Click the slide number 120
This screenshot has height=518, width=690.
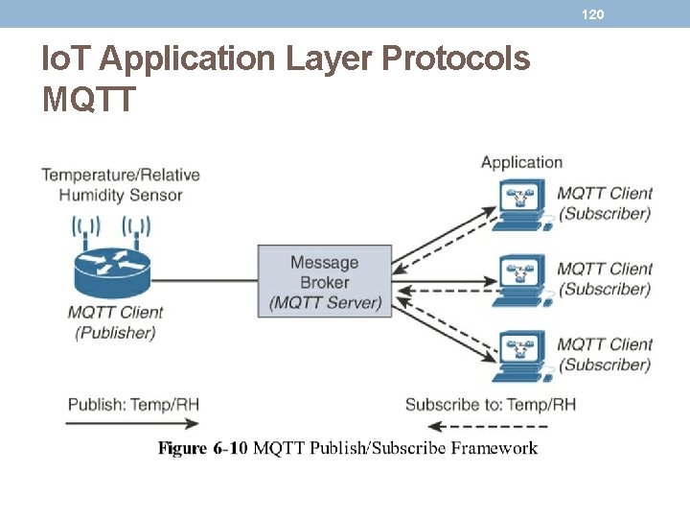[x=594, y=14]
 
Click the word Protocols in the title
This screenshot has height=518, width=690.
[x=455, y=59]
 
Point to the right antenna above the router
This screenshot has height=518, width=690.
[x=136, y=228]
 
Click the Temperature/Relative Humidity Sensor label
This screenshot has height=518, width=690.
[x=121, y=185]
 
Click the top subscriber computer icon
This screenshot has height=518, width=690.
[x=523, y=203]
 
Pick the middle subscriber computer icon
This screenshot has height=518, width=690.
[x=523, y=279]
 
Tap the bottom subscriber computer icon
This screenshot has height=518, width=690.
[x=523, y=355]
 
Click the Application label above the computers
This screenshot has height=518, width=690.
[x=521, y=162]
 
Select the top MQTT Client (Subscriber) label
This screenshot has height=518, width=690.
[x=605, y=203]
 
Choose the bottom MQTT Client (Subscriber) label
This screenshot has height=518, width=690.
[x=605, y=354]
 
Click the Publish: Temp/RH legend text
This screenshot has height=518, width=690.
[x=133, y=404]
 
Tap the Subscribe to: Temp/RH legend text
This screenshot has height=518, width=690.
[x=491, y=404]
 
